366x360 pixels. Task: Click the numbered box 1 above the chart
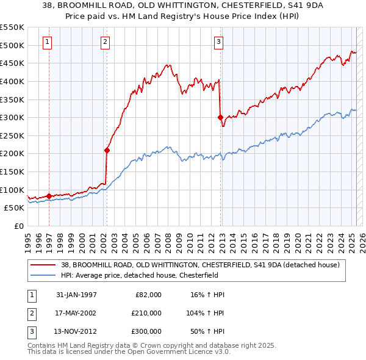tap(48, 42)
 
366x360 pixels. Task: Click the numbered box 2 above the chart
tap(105, 42)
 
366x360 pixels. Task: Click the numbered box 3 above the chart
tap(218, 42)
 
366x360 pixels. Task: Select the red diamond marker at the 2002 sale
tap(107, 149)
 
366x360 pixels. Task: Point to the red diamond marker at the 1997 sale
tap(49, 196)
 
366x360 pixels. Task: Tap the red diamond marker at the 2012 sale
tap(220, 117)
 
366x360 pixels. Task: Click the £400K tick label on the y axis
tap(12, 81)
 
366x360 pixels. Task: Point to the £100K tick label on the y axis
tap(12, 190)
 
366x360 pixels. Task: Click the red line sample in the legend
tap(44, 264)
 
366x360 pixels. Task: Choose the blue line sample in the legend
tap(44, 275)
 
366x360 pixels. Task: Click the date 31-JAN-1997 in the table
tap(76, 294)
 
